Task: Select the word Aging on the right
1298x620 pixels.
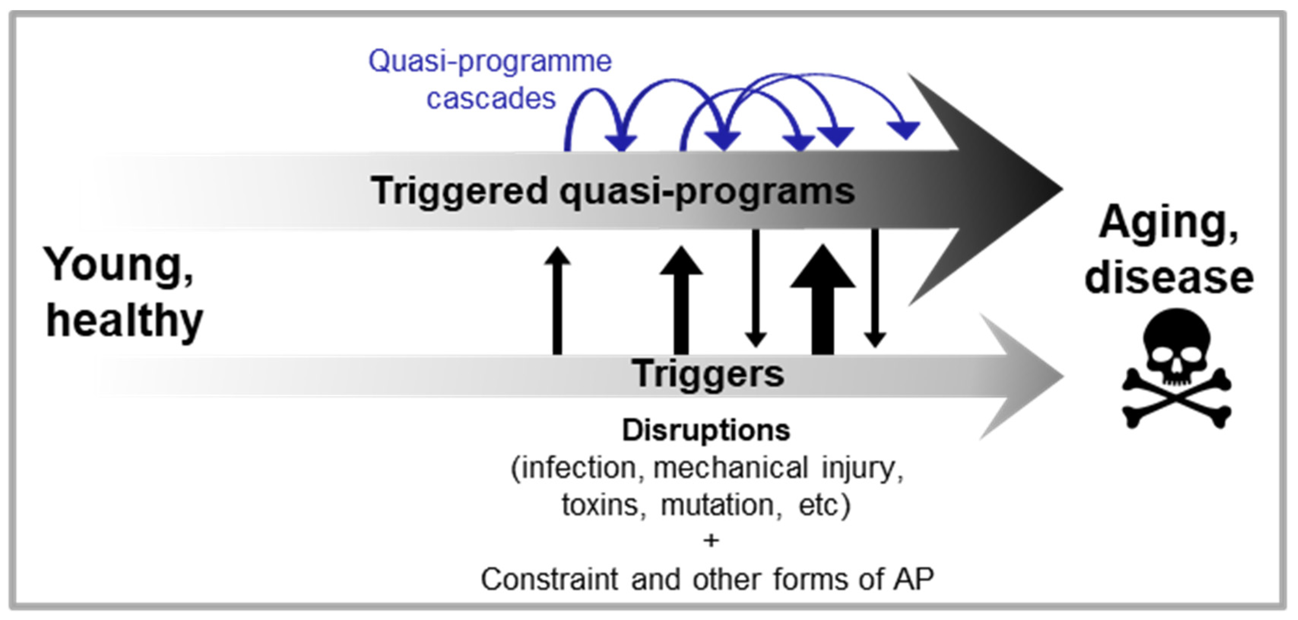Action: pyautogui.click(x=1168, y=222)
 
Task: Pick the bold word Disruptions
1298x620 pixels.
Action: pyautogui.click(x=705, y=430)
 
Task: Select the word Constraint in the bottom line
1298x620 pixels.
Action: pyautogui.click(x=549, y=579)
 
